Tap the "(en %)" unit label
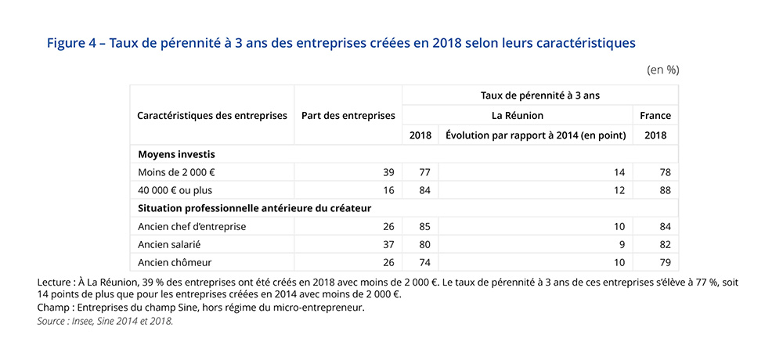pos(662,70)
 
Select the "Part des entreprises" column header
pos(348,116)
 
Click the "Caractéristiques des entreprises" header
pos(211,116)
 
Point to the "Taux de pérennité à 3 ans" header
pos(539,95)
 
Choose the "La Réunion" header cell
pos(517,116)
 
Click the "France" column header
pos(655,116)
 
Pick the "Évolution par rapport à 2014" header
pos(536,135)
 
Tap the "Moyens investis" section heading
pos(176,154)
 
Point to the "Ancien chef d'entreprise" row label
pos(191,227)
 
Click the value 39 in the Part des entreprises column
pos(388,172)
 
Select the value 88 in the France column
pos(666,190)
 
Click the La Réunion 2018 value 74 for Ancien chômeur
pos(425,262)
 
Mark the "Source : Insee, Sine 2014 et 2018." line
pos(105,321)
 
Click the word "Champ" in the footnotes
pos(52,308)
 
